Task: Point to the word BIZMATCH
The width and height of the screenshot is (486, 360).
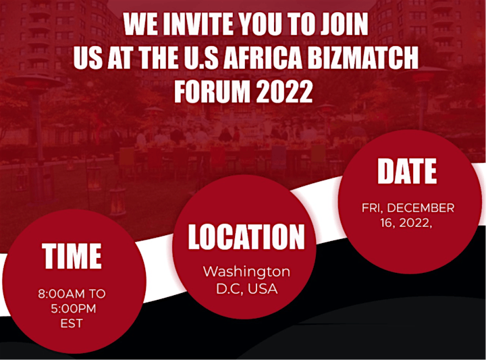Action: [x=363, y=57]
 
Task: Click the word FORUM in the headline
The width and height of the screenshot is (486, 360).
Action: [x=212, y=91]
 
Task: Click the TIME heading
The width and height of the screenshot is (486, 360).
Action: [x=72, y=256]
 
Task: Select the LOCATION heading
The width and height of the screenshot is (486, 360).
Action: [x=246, y=236]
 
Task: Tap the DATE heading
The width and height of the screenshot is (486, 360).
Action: [x=407, y=171]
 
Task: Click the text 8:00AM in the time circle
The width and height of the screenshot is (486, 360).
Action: [x=61, y=294]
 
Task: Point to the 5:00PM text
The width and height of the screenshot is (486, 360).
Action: [x=74, y=309]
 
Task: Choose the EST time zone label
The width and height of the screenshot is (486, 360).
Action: [x=72, y=324]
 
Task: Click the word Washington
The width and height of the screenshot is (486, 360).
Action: [x=247, y=272]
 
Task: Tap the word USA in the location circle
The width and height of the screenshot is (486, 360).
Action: [x=263, y=288]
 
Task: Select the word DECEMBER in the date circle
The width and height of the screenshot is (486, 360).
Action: [x=421, y=208]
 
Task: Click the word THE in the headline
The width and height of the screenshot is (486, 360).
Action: [x=159, y=57]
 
